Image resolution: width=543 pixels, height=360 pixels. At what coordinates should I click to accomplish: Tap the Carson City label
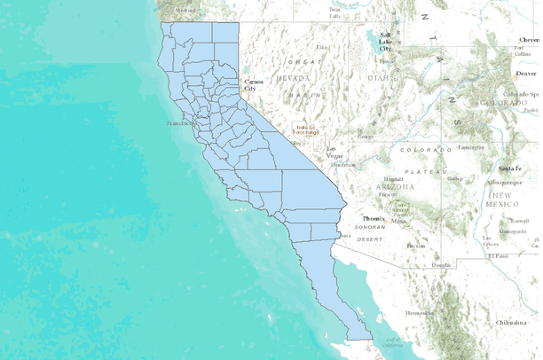[254, 86]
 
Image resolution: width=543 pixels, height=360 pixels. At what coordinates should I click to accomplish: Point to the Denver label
[526, 74]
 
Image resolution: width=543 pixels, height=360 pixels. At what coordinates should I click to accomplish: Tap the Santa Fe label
[508, 168]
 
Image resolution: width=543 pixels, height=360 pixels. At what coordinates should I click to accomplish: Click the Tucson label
[415, 246]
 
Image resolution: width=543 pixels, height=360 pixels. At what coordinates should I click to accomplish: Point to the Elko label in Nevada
[321, 46]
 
